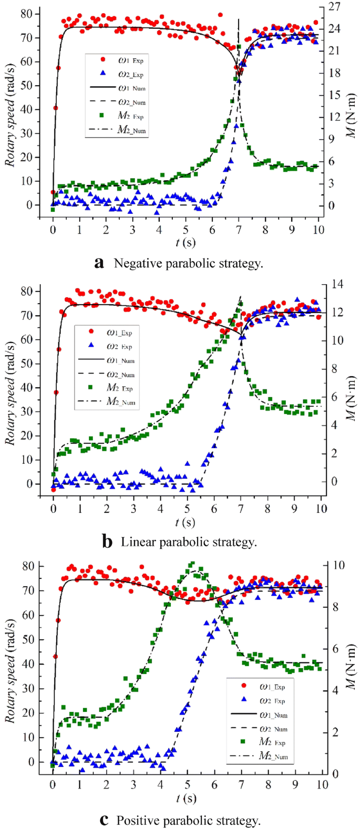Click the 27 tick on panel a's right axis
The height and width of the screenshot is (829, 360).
[334, 7]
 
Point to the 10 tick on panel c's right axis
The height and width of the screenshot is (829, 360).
[334, 565]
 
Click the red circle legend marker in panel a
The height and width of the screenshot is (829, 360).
[103, 60]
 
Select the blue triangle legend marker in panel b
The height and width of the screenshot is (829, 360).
[92, 346]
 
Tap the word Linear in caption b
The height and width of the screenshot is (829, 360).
[136, 542]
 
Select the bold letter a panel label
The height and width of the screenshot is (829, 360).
[99, 263]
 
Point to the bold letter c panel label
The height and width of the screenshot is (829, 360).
[105, 820]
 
